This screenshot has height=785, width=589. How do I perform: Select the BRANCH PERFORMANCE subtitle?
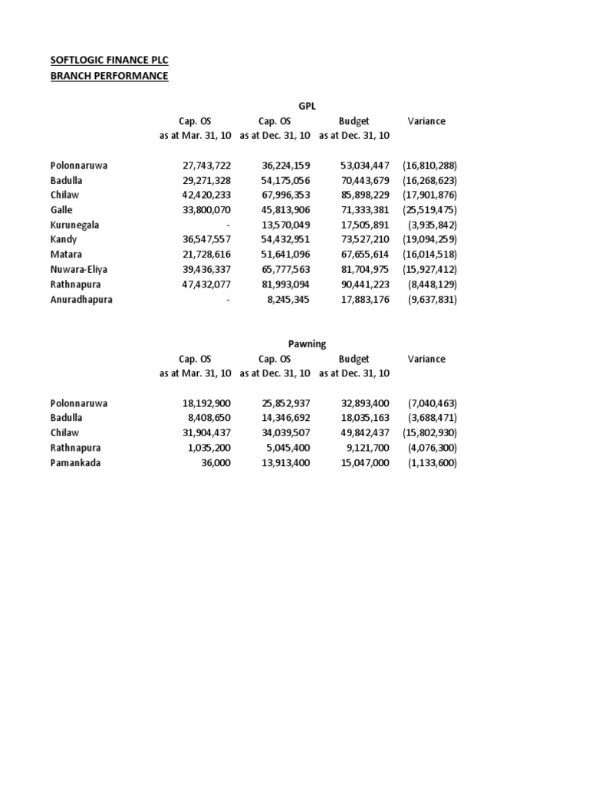[x=108, y=76]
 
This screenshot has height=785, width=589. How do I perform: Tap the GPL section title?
[x=307, y=107]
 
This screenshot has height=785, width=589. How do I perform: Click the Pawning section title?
[x=307, y=344]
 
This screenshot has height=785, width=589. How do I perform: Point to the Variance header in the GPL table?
[x=426, y=121]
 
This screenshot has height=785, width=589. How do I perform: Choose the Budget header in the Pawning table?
[x=354, y=359]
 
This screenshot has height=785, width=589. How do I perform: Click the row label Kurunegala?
[x=75, y=225]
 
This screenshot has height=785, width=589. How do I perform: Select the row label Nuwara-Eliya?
[x=79, y=270]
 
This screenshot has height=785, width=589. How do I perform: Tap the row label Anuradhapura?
[x=81, y=300]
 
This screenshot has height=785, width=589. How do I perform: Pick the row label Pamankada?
[x=76, y=463]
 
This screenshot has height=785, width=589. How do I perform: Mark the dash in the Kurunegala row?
[x=228, y=225]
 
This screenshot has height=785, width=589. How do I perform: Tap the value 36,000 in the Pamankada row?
[x=215, y=463]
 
